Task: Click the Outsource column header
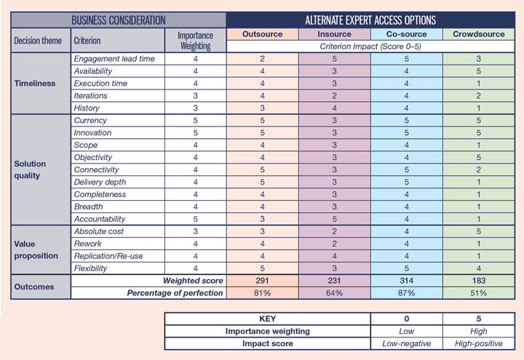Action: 263,34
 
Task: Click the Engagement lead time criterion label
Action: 114,59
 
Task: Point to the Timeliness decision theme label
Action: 34,83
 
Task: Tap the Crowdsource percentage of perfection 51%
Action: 478,293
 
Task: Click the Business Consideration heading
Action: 119,20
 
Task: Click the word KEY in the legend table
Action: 267,318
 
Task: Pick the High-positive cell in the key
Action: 478,343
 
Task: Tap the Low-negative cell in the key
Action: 407,343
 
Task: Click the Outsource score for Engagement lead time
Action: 263,59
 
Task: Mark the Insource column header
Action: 335,34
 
